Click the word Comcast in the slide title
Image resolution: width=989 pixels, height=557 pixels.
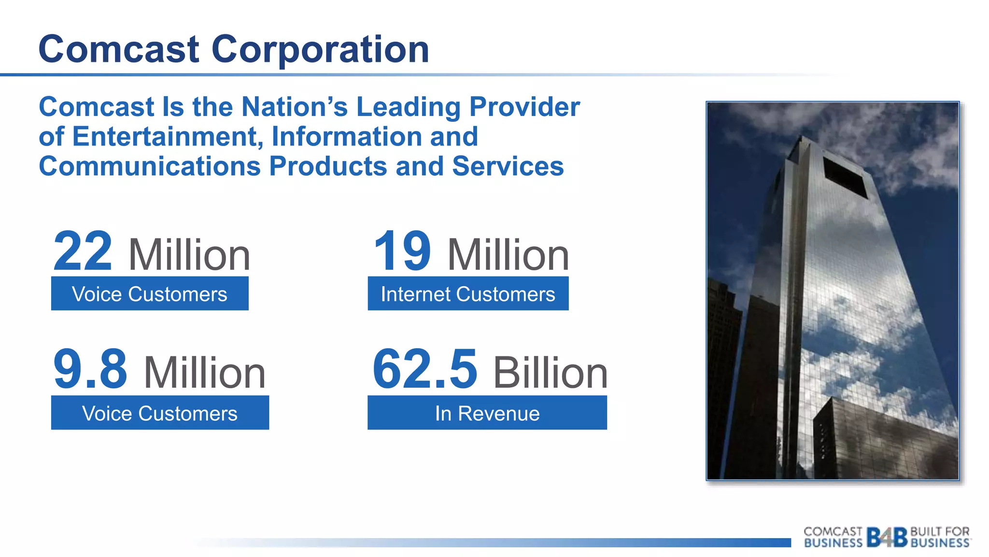tap(119, 50)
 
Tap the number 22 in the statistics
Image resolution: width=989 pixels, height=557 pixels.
tap(83, 251)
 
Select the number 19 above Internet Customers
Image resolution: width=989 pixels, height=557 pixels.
tap(402, 251)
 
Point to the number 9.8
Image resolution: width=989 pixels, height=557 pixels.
tap(90, 370)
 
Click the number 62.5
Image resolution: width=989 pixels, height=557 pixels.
tap(425, 370)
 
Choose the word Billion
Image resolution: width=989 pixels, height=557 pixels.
tap(550, 373)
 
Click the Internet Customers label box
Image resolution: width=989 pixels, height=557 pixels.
tap(468, 293)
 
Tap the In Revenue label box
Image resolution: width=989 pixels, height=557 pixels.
tap(487, 413)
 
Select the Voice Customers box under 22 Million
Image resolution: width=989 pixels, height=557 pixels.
tap(150, 293)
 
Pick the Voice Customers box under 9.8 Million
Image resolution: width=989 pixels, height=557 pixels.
tap(160, 413)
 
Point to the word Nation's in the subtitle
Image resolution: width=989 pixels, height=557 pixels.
tap(294, 107)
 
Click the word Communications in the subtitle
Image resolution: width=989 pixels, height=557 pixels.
tap(150, 167)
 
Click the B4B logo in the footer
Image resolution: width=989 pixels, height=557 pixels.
tap(887, 537)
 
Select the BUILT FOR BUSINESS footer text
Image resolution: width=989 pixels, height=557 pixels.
tap(940, 537)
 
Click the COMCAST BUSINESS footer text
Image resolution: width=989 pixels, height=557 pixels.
tap(833, 537)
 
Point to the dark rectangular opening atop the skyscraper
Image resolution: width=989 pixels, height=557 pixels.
tap(845, 177)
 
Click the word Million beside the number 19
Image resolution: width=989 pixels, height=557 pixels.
tap(508, 255)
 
